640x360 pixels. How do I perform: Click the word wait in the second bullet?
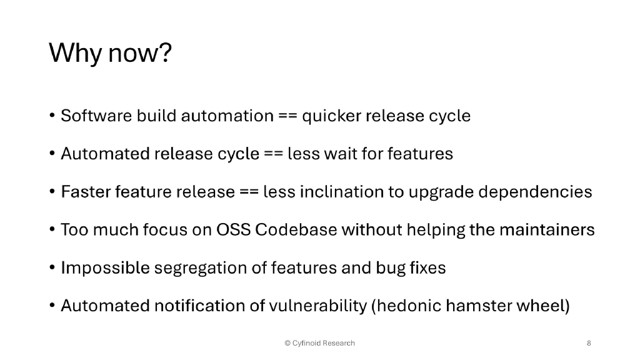[x=340, y=154]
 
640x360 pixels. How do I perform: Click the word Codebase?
[x=296, y=230]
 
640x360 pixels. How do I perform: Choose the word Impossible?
[x=105, y=268]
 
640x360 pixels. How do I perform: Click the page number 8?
[x=589, y=343]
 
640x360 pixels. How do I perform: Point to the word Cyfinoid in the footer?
[x=307, y=343]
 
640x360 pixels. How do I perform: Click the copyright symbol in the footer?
[x=287, y=343]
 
